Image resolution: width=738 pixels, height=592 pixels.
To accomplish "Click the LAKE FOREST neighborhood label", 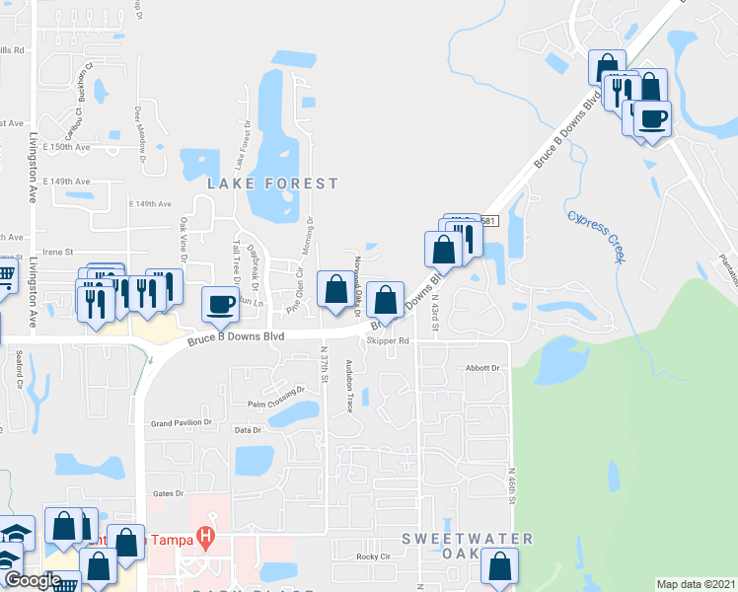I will (272, 184).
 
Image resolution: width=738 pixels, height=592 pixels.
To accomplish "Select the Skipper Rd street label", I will (387, 341).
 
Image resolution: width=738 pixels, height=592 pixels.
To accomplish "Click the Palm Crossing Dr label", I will (269, 405).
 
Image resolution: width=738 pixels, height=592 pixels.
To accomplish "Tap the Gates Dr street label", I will (170, 493).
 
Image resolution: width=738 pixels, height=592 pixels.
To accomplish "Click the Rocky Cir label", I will (374, 556).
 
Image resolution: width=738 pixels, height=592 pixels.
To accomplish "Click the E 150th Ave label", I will (69, 147).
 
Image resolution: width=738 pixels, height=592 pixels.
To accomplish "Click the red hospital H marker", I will (205, 538).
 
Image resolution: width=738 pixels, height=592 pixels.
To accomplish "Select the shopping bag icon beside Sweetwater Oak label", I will (500, 566).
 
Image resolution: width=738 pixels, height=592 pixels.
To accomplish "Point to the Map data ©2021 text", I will (697, 584).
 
